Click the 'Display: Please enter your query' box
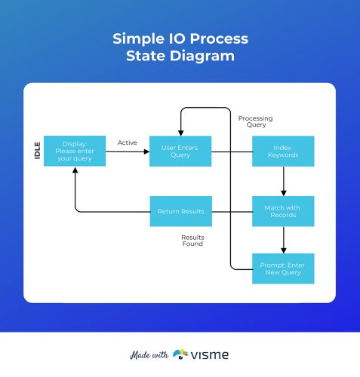(74, 151)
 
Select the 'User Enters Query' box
(180, 151)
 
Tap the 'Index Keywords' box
(283, 151)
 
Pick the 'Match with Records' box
(283, 211)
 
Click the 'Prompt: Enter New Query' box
(283, 268)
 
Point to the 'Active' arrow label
(127, 142)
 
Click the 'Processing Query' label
(255, 122)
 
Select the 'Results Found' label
(192, 241)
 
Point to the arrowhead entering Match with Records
(283, 193)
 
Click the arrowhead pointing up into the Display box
(74, 170)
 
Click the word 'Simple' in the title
(140, 38)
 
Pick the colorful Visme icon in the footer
(180, 354)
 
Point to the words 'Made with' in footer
(148, 354)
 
